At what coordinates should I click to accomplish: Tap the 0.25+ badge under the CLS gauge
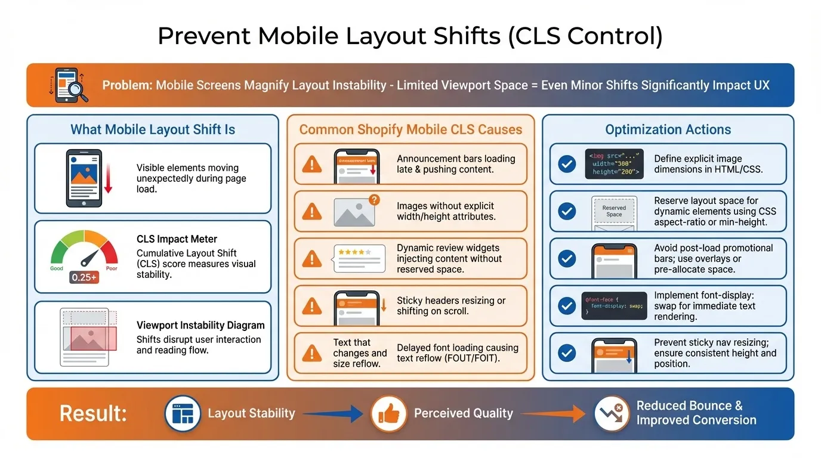[84, 277]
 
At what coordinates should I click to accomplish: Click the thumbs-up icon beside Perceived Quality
[388, 413]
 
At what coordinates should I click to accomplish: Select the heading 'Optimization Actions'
[668, 129]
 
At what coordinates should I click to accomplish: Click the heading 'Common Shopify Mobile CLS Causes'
[410, 129]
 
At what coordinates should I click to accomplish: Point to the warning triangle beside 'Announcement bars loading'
[312, 164]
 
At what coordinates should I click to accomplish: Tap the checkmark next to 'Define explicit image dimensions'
[566, 164]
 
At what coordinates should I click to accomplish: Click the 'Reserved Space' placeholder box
[614, 211]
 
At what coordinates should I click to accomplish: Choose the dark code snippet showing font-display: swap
[614, 305]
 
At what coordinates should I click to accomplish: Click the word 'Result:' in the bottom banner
[93, 413]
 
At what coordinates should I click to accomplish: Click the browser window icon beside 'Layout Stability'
[182, 413]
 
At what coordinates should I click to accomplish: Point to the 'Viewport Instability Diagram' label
[200, 325]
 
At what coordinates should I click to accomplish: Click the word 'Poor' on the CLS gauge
[112, 268]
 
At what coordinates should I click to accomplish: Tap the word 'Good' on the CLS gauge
[57, 268]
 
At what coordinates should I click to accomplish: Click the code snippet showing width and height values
[614, 164]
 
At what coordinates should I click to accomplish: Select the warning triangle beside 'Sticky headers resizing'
[312, 306]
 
